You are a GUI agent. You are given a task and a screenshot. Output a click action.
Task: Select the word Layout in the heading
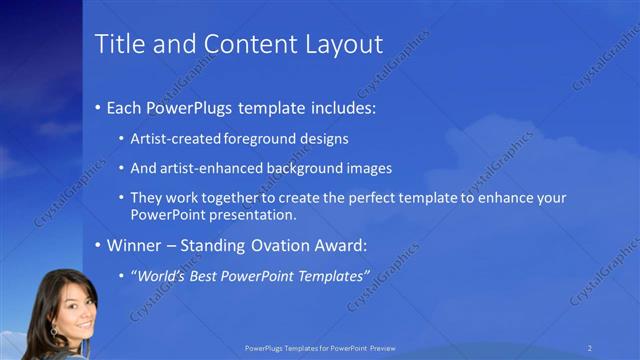click(345, 44)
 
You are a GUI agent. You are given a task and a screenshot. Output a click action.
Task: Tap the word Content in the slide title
click(243, 44)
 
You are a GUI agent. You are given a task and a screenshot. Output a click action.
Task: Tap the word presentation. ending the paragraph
click(254, 215)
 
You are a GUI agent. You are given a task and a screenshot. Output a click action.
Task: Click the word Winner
click(135, 245)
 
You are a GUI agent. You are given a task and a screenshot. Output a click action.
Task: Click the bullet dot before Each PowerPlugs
click(97, 107)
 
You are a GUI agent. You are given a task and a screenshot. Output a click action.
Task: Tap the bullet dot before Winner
click(97, 246)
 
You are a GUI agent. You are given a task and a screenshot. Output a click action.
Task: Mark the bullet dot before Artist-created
click(122, 139)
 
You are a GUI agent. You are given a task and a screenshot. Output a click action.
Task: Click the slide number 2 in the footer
click(591, 347)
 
